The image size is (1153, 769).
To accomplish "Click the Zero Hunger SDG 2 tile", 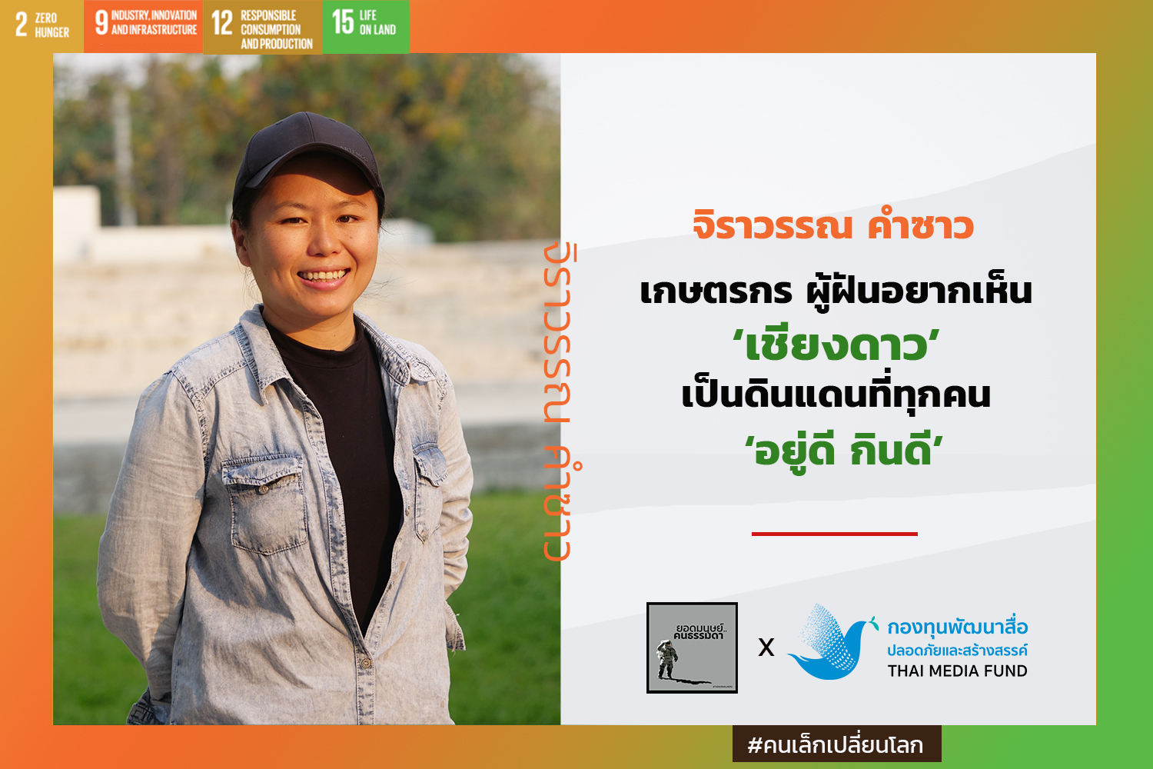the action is coord(42,25).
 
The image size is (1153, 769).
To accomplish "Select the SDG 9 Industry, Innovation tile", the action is coord(144,25).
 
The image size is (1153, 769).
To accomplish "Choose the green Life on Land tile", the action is coord(365,26).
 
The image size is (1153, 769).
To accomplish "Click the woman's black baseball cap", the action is coord(307,155).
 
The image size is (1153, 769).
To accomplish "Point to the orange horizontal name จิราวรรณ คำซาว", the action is coord(833,225).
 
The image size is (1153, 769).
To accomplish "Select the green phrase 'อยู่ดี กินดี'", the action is coord(844,449).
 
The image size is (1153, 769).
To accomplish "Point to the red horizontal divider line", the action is coord(834,534).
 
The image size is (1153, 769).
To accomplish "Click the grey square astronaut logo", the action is coord(692,647).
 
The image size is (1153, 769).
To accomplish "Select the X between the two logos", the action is coord(766,647).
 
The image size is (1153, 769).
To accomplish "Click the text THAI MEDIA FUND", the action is coord(958,671).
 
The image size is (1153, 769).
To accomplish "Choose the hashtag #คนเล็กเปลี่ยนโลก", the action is coord(836,745).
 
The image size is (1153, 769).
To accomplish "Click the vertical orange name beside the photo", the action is coord(561,401).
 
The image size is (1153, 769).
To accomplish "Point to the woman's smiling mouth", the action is coord(324,277).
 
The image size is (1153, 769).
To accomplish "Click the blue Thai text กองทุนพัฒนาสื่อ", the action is coord(958,626).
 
